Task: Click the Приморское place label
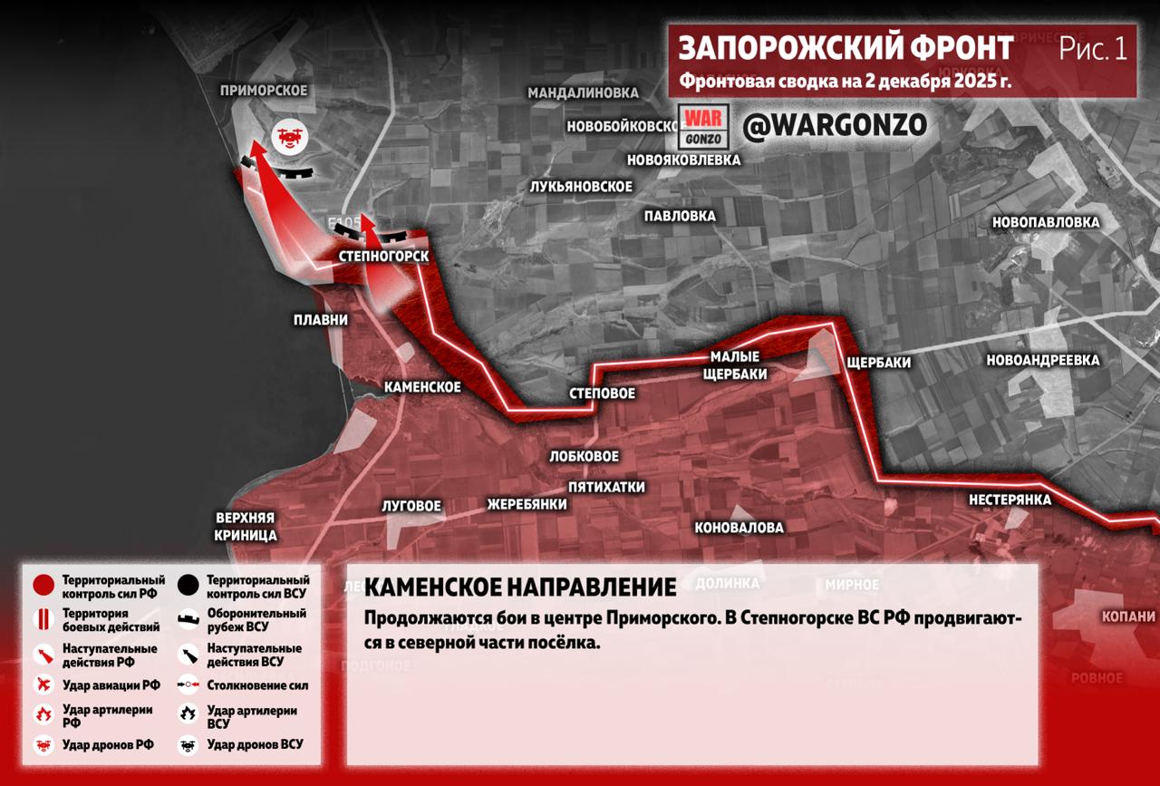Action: tap(264, 91)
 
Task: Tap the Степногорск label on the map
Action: tap(382, 257)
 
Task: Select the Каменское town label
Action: tap(422, 387)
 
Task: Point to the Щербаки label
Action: tap(877, 363)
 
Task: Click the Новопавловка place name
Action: tap(1046, 222)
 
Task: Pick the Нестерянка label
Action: tap(1010, 500)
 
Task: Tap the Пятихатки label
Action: tap(606, 487)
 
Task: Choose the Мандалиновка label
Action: tap(583, 93)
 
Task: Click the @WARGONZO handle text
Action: tap(835, 126)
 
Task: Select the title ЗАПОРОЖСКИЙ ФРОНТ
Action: tap(846, 47)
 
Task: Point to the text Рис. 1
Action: tap(1093, 49)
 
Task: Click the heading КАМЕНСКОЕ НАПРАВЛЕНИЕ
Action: tap(520, 587)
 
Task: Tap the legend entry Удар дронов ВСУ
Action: tap(255, 744)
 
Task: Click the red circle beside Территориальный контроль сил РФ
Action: tap(43, 586)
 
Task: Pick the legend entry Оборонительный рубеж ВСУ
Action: tap(256, 619)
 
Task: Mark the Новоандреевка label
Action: tap(1043, 361)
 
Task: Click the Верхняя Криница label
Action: tap(246, 527)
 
